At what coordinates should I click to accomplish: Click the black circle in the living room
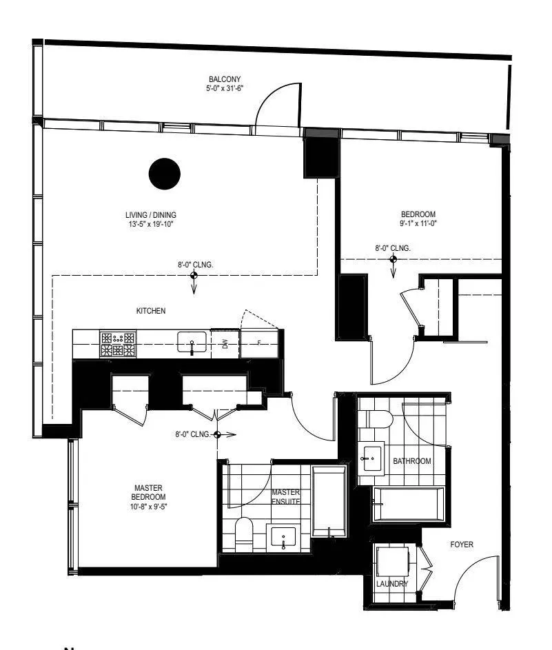[x=165, y=172]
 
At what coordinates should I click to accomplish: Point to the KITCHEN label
[x=151, y=312]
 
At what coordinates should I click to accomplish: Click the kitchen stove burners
[x=118, y=343]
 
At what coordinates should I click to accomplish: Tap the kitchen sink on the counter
[x=192, y=342]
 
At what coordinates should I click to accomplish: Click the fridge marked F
[x=259, y=343]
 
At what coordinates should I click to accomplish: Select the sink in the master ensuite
[x=284, y=536]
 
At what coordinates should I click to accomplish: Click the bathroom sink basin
[x=371, y=456]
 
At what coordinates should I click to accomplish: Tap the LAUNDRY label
[x=392, y=584]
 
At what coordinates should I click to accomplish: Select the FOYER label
[x=462, y=545]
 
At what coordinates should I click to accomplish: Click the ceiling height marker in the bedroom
[x=393, y=259]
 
